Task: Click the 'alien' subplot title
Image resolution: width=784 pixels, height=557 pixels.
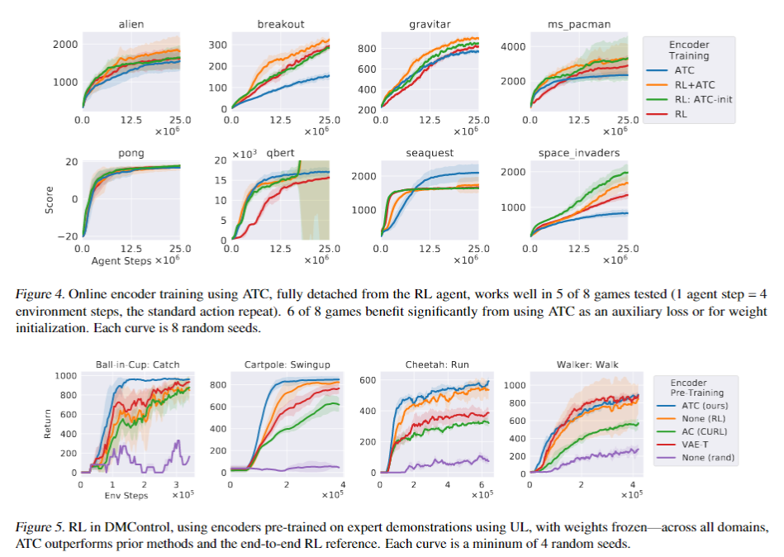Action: (131, 24)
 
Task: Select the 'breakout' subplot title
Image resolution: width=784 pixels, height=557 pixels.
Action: (280, 24)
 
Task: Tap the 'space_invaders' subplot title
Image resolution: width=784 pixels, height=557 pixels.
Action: (578, 153)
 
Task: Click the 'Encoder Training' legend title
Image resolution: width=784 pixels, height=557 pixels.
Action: (689, 50)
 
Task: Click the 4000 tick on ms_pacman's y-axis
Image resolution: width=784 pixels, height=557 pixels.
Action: (515, 46)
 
